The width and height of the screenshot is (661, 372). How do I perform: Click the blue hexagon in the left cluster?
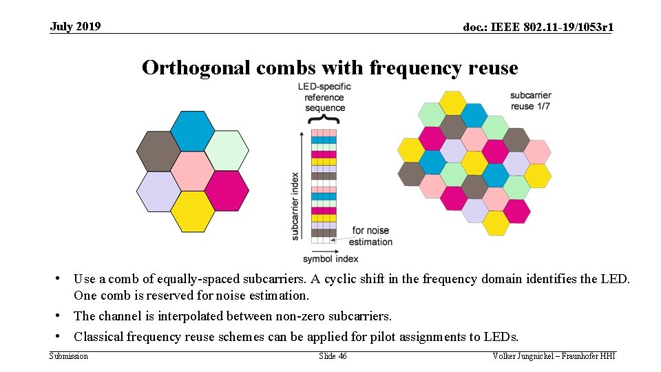[x=192, y=131]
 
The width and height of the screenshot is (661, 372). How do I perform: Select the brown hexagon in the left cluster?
[x=158, y=151]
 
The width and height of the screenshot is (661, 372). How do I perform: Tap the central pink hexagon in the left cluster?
[x=192, y=171]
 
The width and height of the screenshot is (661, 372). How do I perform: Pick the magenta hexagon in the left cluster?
[x=227, y=191]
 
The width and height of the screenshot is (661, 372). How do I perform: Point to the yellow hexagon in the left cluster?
[x=192, y=211]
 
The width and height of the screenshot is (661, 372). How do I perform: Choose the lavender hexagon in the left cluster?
[x=158, y=191]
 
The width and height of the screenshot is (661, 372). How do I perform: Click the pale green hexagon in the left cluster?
[x=227, y=151]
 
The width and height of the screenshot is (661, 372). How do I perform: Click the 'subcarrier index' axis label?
[x=295, y=206]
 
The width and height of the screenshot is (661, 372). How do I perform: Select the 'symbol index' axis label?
[x=330, y=259]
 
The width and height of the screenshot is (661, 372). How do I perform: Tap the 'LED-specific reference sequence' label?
[x=324, y=97]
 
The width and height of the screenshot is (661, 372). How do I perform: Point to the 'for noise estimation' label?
[x=370, y=236]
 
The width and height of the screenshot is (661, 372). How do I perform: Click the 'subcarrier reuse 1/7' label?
[x=531, y=101]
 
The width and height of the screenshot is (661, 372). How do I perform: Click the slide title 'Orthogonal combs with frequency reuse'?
[x=330, y=68]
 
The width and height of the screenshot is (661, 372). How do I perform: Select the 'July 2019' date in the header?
[x=75, y=27]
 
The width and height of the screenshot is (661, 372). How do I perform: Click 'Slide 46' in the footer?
[x=333, y=356]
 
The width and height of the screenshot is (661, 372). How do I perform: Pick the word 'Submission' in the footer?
[x=69, y=356]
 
